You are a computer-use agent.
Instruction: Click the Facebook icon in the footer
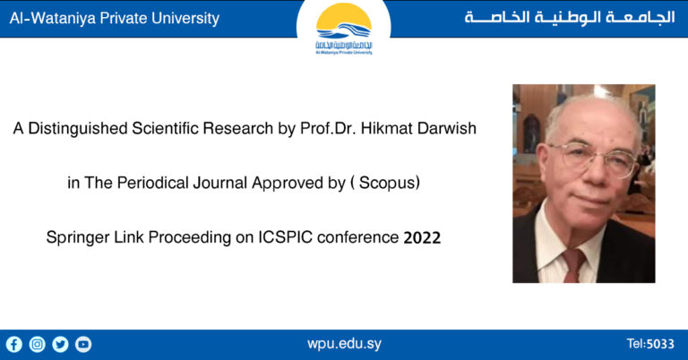[x=14, y=344]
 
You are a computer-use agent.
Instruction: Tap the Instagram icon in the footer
[x=38, y=344]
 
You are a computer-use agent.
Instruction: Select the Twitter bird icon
[x=60, y=344]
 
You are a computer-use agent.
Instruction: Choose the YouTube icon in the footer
[x=83, y=344]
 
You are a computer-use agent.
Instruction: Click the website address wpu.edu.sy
[x=344, y=344]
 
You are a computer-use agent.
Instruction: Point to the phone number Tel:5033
[x=650, y=344]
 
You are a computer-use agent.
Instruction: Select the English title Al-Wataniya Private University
[x=114, y=18]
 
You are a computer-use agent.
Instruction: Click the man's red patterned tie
[x=572, y=265]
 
